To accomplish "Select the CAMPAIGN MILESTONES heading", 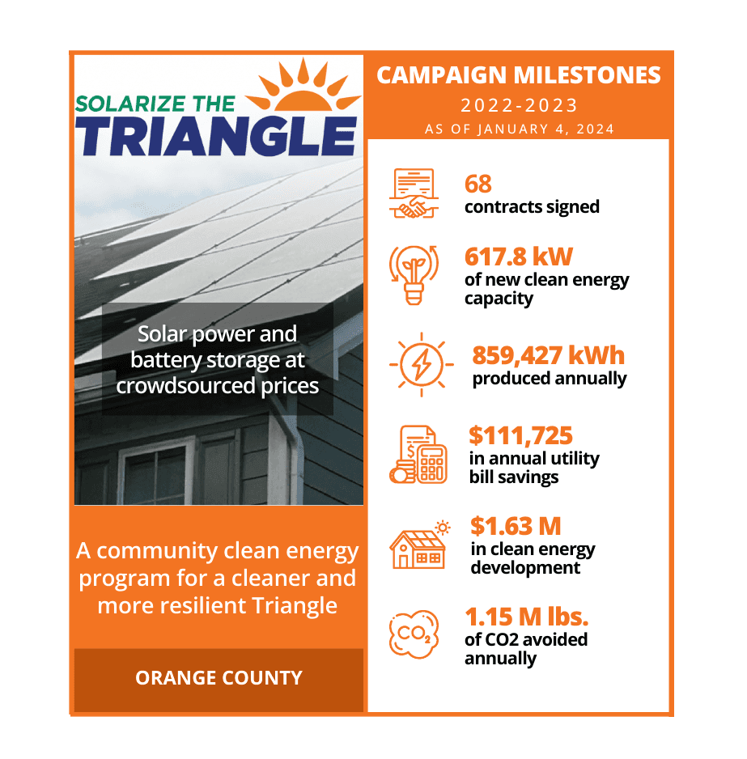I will pos(519,75).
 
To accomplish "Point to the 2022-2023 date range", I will pos(519,105).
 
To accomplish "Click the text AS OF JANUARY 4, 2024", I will pos(519,129).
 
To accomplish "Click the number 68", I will pos(478,184).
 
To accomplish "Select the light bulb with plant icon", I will pos(414,274).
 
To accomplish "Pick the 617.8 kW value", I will pos(518,257).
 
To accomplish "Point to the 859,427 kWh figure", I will pos(548,355).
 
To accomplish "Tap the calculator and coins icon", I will pos(418,455).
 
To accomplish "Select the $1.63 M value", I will pos(516,526).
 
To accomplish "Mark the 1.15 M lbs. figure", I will pos(526,617).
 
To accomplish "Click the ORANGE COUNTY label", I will pos(219,678).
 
